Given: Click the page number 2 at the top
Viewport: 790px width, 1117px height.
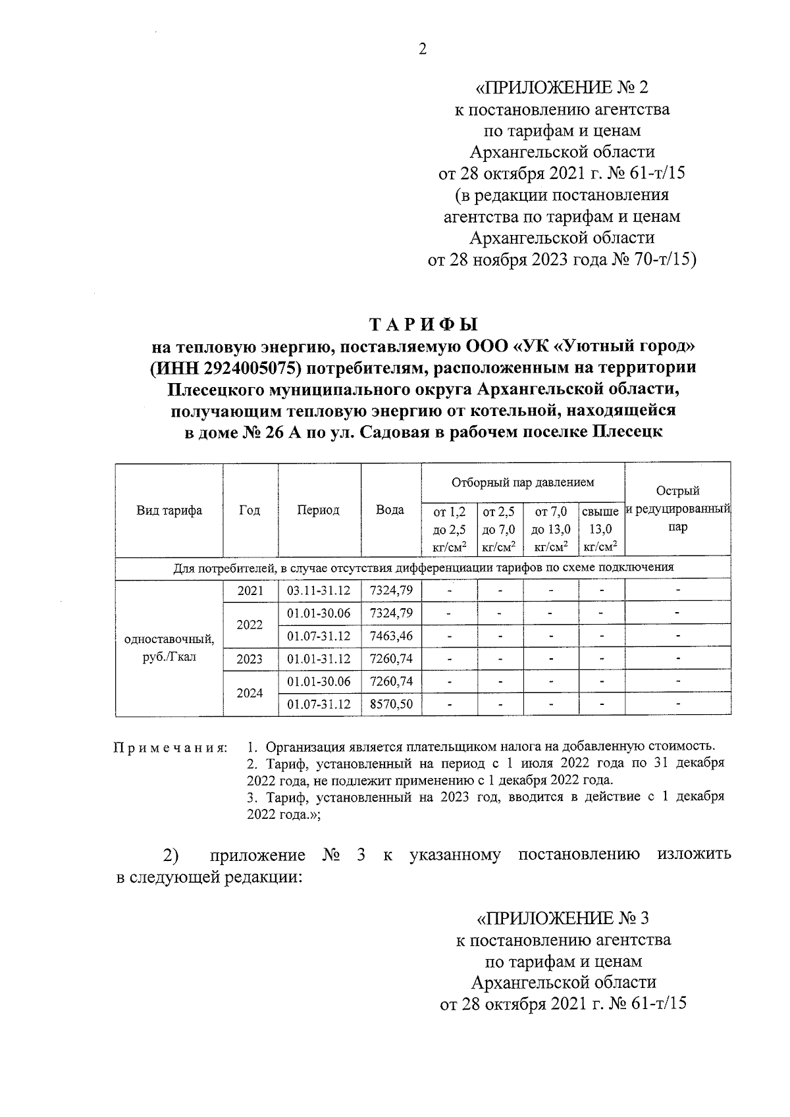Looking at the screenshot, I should [422, 50].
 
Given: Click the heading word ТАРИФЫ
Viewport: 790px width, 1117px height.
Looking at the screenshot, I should [423, 325].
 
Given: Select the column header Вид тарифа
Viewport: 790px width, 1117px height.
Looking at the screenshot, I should [169, 510].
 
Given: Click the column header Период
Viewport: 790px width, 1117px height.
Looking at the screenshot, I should [318, 510].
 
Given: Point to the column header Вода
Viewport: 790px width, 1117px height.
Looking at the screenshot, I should [390, 510].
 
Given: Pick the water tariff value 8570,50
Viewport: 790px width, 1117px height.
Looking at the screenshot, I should [391, 704].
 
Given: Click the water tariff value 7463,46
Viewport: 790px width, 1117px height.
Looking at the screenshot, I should [391, 636].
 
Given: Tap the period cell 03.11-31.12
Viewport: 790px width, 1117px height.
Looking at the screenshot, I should [319, 590].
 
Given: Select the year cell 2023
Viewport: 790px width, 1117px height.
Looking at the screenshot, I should [250, 659].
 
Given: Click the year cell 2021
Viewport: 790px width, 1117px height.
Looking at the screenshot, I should [250, 590].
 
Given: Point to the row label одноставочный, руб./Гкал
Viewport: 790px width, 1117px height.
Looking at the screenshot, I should [169, 648].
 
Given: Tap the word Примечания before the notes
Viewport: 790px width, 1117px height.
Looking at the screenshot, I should [170, 748].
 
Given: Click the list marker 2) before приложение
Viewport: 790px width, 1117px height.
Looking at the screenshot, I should [171, 856].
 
